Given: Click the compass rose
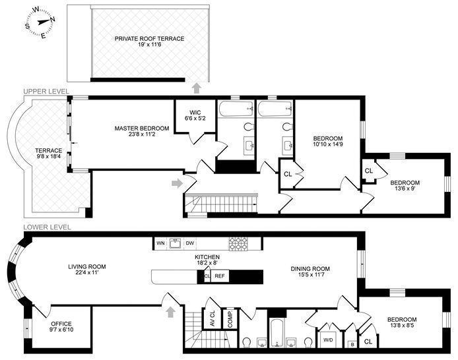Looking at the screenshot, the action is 40,22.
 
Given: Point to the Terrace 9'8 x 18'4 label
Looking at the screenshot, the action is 48,154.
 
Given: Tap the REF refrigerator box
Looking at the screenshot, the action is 220,276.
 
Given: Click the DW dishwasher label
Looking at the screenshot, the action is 190,243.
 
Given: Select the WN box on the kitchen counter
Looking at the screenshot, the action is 160,243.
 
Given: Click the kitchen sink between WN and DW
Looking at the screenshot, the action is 176,243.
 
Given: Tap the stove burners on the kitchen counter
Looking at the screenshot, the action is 238,243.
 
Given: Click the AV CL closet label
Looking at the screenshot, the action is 213,318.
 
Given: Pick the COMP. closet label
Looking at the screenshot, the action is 230,318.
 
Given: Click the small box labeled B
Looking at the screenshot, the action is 352,344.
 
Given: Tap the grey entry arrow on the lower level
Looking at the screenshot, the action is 171,312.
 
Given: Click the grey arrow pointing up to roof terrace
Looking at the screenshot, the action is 196,88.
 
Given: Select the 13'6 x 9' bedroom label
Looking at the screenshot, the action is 405,185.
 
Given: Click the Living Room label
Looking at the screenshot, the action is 87,270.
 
